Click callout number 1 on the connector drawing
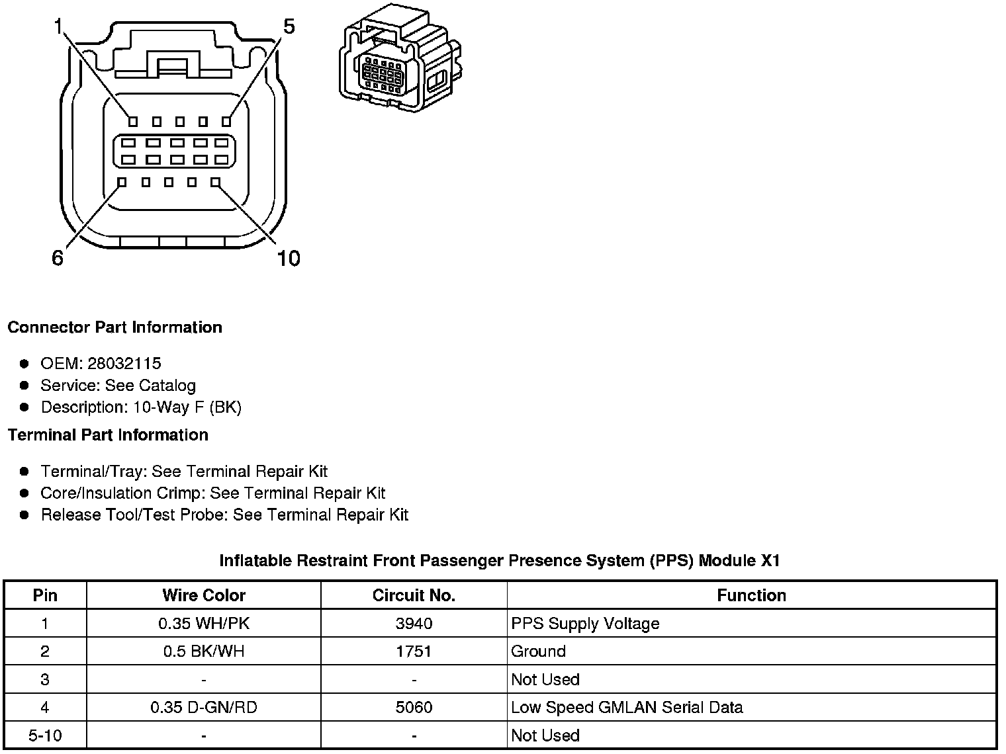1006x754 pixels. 58,26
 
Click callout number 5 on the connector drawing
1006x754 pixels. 289,26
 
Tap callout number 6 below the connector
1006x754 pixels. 58,258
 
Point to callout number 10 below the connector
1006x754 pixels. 288,258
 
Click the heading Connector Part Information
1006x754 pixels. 114,327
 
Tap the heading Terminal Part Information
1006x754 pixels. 108,435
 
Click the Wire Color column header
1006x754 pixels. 204,595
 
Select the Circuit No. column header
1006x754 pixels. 414,595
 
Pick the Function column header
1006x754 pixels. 751,595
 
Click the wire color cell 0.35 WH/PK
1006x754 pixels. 204,624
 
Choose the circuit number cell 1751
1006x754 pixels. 414,651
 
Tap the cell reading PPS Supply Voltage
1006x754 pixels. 585,624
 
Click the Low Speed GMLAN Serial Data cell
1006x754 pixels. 627,708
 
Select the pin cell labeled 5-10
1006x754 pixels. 45,735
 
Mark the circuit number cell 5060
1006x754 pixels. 414,708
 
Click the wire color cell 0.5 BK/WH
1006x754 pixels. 204,651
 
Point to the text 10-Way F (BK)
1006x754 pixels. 187,407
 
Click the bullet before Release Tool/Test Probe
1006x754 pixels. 24,515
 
